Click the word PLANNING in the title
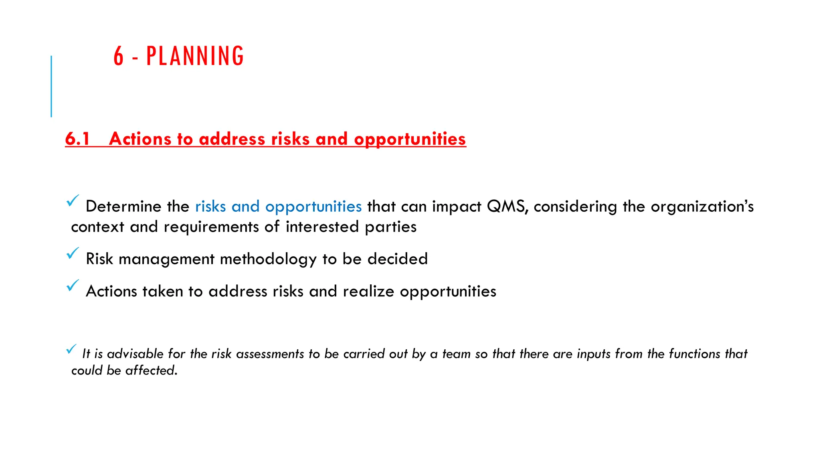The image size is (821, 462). coord(195,56)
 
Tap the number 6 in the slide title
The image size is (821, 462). coord(119,56)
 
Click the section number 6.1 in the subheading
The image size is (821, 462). coord(77,139)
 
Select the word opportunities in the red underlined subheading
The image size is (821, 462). coord(410,139)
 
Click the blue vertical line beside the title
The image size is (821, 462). coord(51,86)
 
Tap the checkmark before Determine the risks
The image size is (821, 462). coord(73,201)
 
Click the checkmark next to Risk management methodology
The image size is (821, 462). coord(73,253)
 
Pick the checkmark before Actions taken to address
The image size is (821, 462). coord(73,285)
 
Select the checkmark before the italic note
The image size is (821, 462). coord(71,349)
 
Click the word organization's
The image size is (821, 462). coord(702,207)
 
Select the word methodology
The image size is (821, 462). coord(268,259)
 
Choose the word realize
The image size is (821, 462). coord(368,292)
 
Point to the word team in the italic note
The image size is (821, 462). coord(456,354)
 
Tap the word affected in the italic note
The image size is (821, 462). coord(151,370)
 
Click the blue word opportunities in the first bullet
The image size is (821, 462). coord(313,207)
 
